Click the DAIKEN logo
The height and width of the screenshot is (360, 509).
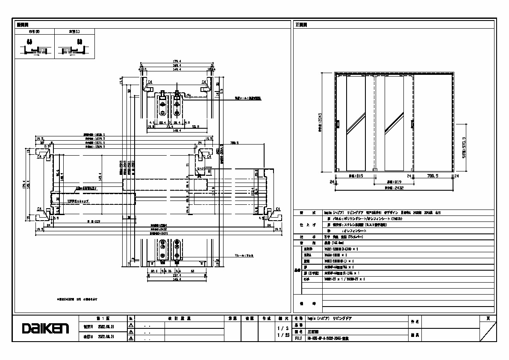(45, 329)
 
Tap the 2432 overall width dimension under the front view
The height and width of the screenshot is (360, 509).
(388, 187)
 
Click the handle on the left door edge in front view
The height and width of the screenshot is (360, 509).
(338, 124)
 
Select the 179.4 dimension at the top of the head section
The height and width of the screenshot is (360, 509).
(177, 61)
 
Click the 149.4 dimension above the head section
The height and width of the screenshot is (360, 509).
(177, 68)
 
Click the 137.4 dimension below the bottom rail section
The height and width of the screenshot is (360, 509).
(176, 276)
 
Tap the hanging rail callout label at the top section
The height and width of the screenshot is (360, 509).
(247, 98)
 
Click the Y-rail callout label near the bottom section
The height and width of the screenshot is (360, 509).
(244, 256)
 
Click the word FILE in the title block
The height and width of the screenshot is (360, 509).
(298, 338)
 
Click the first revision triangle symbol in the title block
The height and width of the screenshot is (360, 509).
(131, 325)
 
